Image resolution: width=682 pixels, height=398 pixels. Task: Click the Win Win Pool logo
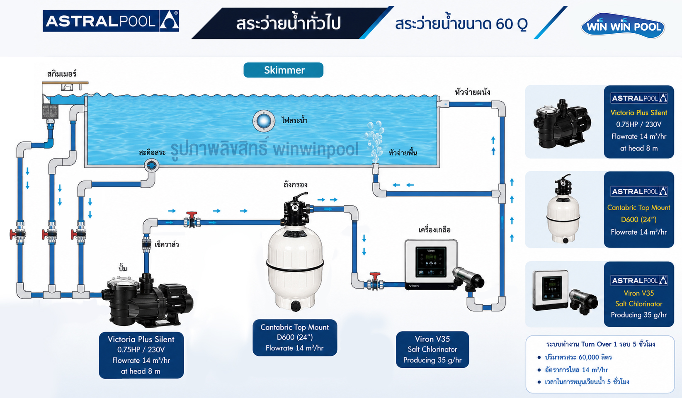pos(623,26)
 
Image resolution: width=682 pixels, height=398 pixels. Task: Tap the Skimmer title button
pos(283,70)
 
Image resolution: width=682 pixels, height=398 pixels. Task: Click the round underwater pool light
pos(264,121)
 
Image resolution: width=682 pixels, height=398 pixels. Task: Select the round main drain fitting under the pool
pos(151,165)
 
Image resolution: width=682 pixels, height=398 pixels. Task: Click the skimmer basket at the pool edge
pos(50,112)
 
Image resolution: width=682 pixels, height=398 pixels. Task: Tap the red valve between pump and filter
pos(192,220)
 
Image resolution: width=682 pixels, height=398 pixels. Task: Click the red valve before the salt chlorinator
pos(375,281)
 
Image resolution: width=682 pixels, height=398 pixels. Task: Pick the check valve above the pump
pos(146,244)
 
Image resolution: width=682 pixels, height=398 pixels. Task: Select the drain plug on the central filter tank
pos(296,306)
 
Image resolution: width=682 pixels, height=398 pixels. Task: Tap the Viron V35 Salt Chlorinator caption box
pos(432,349)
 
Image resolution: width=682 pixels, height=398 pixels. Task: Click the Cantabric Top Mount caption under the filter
pos(295,337)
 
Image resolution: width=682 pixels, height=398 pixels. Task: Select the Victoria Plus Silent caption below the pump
pos(141,355)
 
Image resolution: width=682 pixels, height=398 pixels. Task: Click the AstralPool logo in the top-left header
pos(111,21)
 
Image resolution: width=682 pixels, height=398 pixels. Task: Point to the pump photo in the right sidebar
pos(562,124)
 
